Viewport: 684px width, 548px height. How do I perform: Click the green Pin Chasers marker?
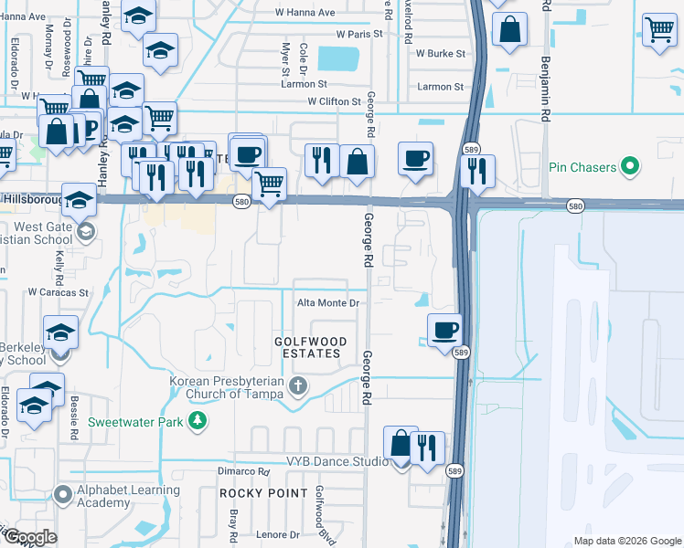(628, 167)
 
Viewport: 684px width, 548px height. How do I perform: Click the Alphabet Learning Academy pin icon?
(63, 495)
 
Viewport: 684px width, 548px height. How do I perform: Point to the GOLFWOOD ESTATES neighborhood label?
(311, 347)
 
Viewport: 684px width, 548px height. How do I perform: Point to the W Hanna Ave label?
(306, 13)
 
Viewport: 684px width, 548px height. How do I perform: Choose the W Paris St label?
(358, 34)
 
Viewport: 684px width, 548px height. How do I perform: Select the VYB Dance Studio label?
(337, 462)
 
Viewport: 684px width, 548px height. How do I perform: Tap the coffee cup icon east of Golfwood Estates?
(444, 329)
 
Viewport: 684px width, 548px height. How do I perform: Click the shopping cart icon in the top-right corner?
(659, 29)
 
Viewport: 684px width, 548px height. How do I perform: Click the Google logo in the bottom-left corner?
(29, 537)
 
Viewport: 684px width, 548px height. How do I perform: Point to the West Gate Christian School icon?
(85, 231)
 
